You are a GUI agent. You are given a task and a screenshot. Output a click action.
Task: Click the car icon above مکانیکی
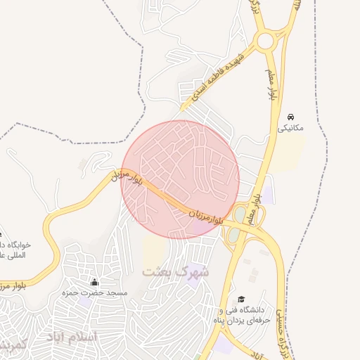click(x=291, y=117)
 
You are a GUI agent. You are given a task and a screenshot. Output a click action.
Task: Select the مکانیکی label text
click(x=291, y=129)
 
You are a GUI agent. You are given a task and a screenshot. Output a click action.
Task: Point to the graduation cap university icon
click(x=242, y=299)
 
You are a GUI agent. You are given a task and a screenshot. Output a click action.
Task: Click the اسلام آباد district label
click(x=71, y=337)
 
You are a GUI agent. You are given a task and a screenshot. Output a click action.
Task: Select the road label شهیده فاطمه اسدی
click(x=220, y=77)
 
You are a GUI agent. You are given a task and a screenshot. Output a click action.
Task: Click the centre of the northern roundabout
click(x=265, y=41)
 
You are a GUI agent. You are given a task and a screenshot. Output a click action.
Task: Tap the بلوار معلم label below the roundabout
click(x=270, y=84)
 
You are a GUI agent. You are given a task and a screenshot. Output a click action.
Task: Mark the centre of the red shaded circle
click(x=180, y=179)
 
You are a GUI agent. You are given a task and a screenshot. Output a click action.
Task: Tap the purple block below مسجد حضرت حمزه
click(x=84, y=300)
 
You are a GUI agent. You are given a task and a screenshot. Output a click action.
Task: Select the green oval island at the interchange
click(x=239, y=214)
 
